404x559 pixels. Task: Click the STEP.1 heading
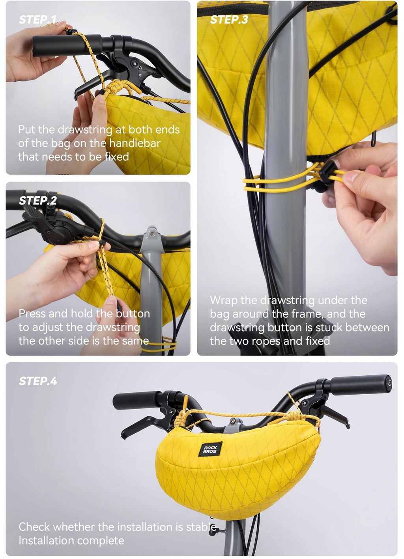click(x=38, y=20)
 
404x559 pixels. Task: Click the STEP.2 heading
click(x=38, y=201)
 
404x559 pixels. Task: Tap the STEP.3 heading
click(x=229, y=20)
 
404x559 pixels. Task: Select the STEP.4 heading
click(x=38, y=381)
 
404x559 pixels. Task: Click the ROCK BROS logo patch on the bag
click(x=210, y=450)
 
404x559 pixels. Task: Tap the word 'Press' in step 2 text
click(x=32, y=314)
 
